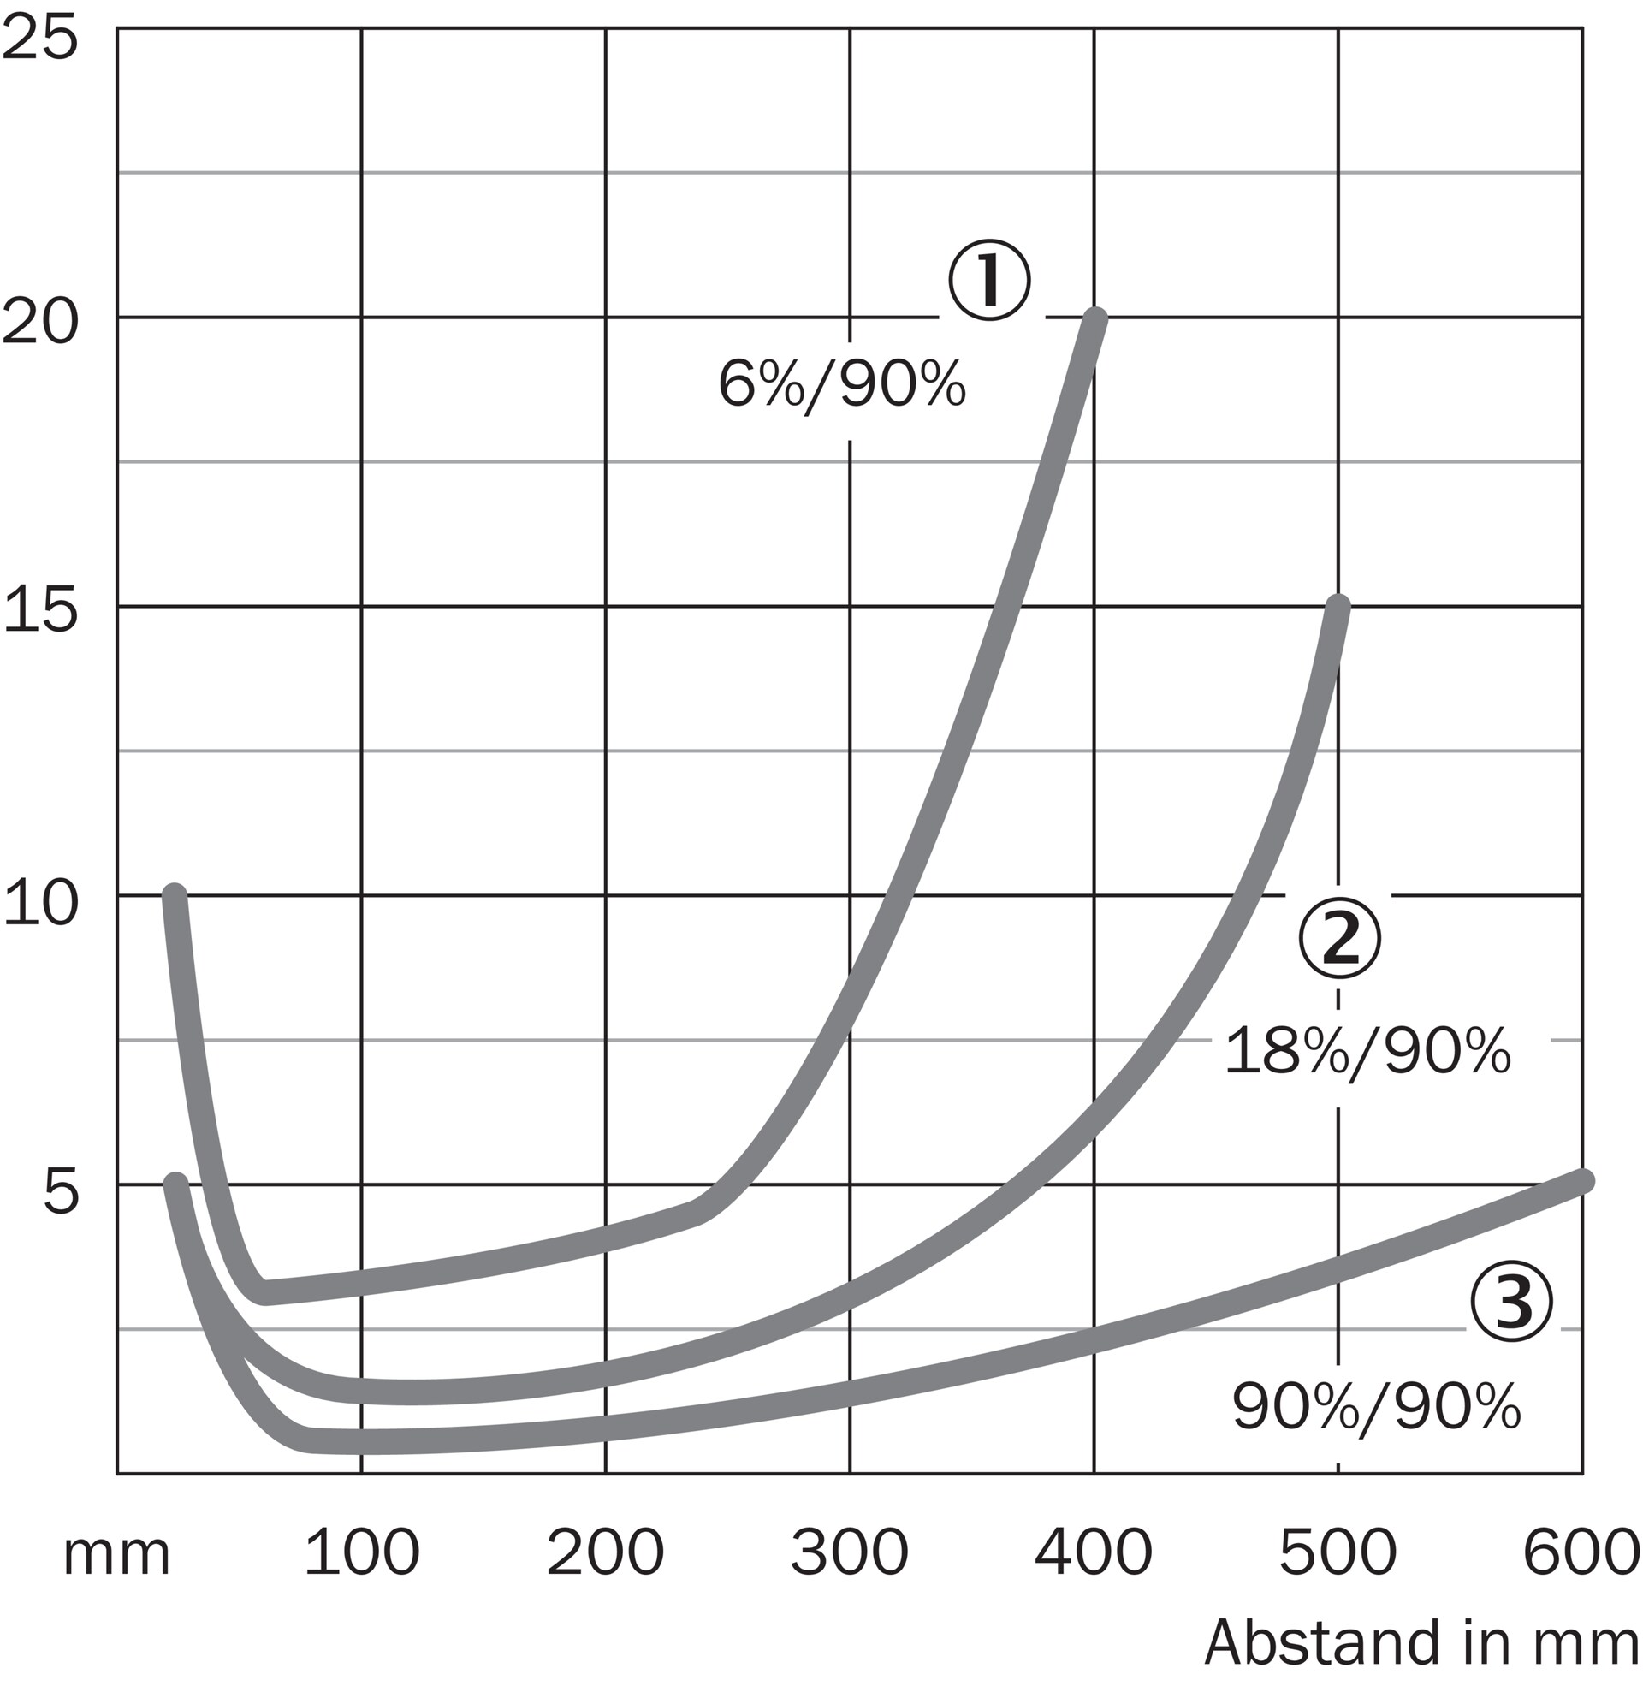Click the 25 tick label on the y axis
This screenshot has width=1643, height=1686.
39,39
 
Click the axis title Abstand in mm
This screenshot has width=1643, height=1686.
1421,1644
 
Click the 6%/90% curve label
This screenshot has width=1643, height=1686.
841,385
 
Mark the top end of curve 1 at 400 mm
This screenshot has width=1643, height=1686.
1094,320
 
